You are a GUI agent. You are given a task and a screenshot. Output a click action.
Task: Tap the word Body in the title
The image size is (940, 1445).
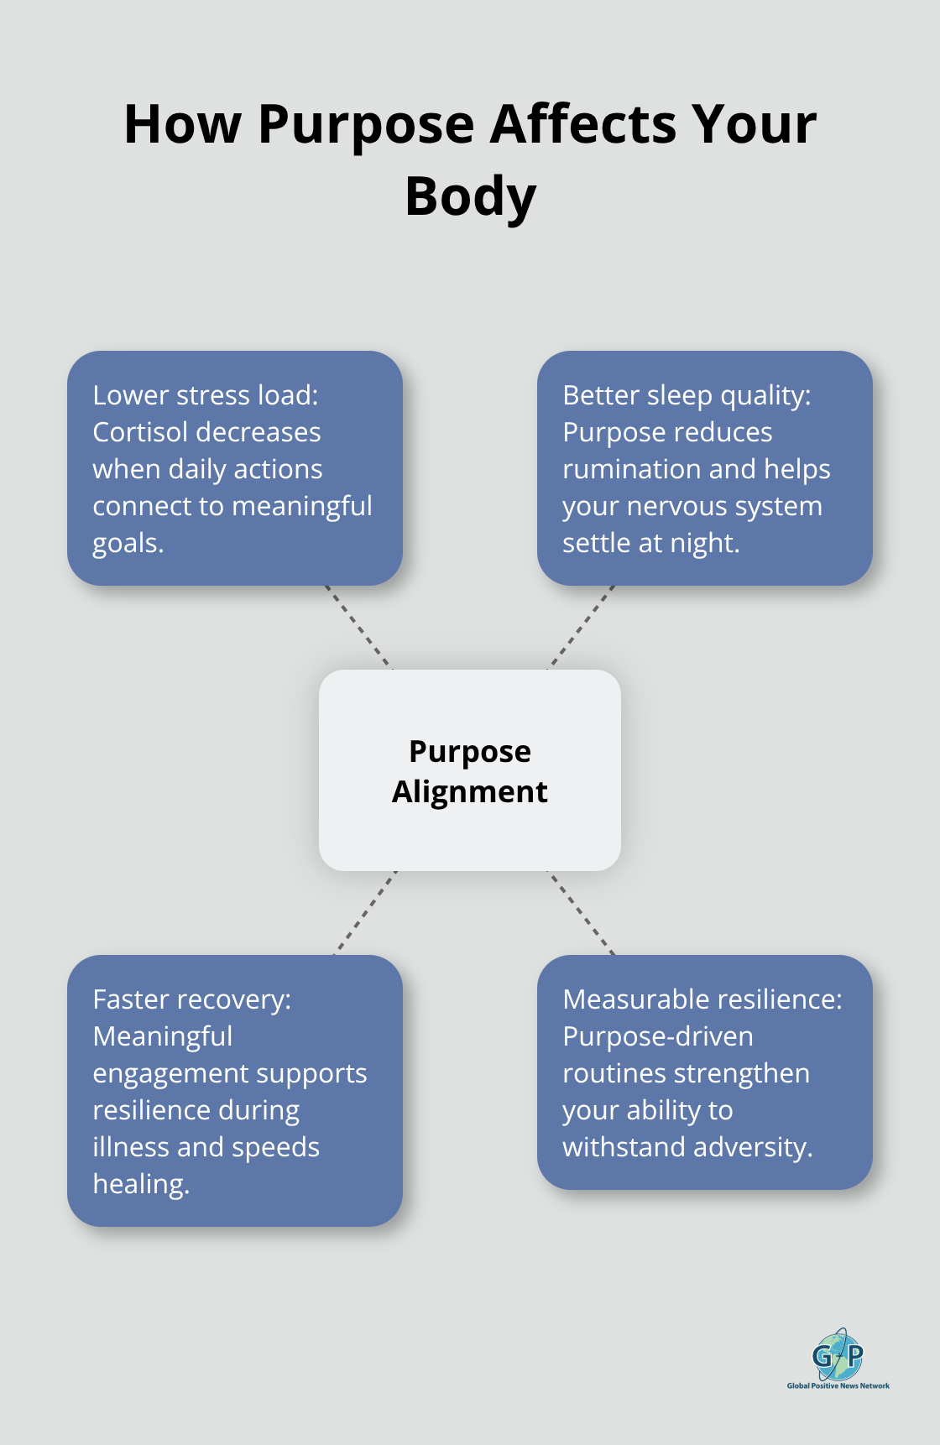470,197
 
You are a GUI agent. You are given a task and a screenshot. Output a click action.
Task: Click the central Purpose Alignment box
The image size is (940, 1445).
470,770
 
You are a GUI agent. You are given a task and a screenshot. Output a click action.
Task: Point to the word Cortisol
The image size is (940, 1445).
141,432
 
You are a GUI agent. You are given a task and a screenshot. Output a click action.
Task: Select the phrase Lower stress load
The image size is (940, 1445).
205,395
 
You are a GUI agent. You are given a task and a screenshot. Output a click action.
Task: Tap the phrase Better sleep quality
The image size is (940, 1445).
686,395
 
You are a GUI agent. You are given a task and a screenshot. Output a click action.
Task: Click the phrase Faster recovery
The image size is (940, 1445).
191,999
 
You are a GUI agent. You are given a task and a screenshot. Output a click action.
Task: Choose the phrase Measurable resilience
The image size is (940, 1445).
702,999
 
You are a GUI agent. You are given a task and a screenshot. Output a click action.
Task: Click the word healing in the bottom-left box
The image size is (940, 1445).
139,1184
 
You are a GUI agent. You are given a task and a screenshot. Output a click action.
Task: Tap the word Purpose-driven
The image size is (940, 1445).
657,1036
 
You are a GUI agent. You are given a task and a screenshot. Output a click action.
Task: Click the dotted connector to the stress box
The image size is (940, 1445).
358,628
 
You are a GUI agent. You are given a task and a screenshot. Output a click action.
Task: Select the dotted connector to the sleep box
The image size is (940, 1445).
582,628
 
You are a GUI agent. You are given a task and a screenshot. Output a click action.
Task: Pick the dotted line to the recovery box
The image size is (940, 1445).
365,913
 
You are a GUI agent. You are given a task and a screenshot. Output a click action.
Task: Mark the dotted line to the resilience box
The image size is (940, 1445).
581,913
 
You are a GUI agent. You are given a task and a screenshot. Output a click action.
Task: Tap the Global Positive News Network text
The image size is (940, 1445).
838,1385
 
